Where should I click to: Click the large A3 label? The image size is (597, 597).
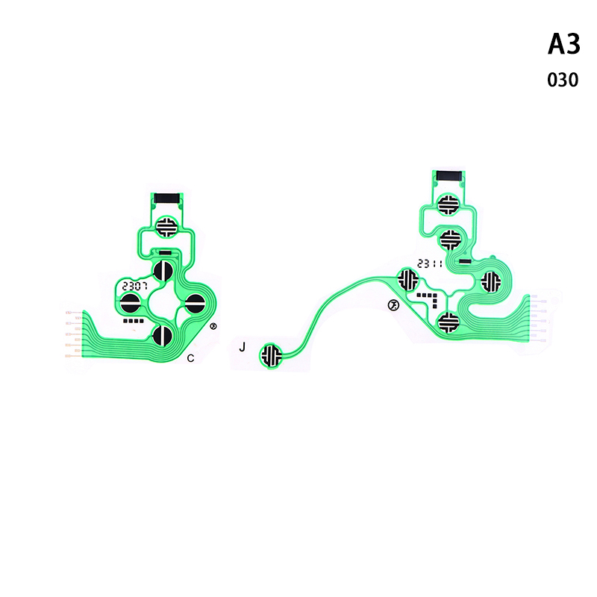(x=564, y=44)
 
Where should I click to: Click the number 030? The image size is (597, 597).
(x=563, y=80)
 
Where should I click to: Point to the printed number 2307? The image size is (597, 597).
(x=135, y=286)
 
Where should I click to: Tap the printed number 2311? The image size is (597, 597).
(x=430, y=263)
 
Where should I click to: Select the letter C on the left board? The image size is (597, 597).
(x=191, y=358)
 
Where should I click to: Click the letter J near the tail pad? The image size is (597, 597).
(x=242, y=347)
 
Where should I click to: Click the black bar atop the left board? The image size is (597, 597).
(x=166, y=199)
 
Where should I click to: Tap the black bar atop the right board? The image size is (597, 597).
(x=449, y=175)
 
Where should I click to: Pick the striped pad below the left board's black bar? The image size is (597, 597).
(x=166, y=227)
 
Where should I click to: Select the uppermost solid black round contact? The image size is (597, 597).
(x=163, y=270)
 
